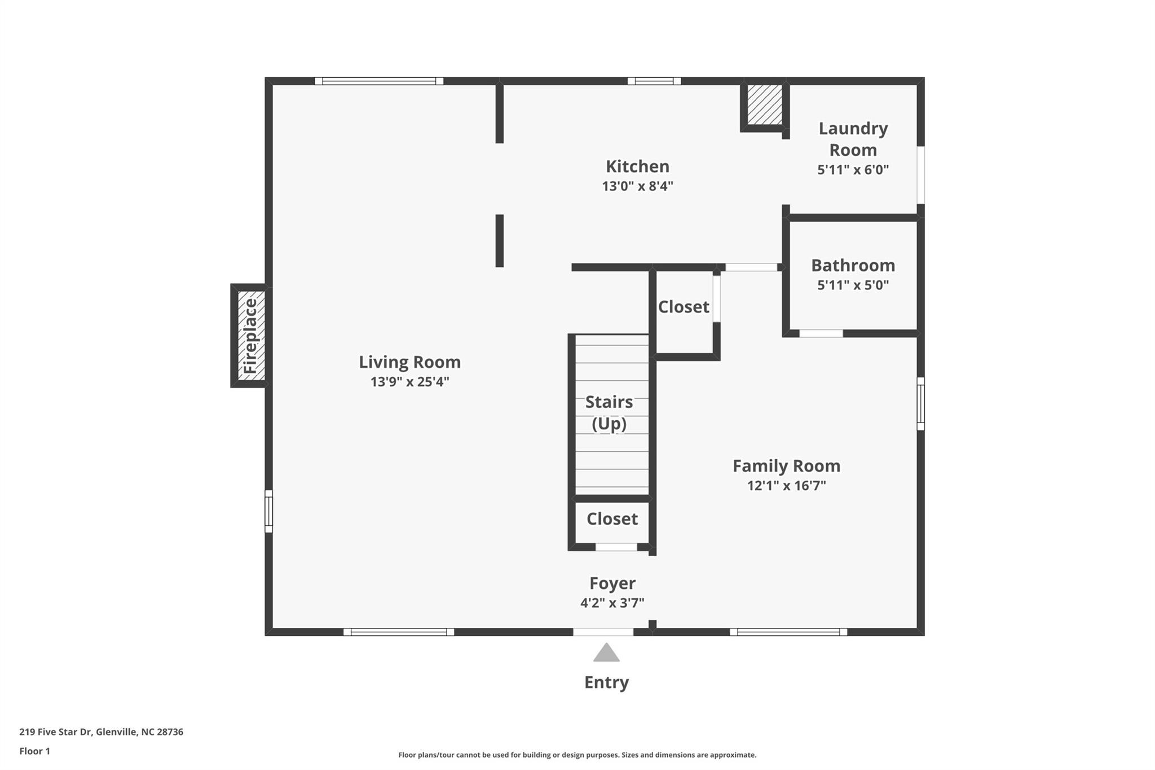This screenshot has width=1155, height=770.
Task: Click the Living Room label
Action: pyautogui.click(x=409, y=362)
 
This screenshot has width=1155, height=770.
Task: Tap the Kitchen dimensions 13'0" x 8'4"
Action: pyautogui.click(x=637, y=186)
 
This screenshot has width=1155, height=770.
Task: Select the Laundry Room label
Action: pyautogui.click(x=853, y=139)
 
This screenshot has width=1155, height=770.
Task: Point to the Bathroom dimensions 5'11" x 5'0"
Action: pyautogui.click(x=853, y=285)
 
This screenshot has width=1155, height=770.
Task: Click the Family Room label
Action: pyautogui.click(x=786, y=466)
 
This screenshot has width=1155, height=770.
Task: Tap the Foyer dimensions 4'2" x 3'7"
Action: pyautogui.click(x=612, y=603)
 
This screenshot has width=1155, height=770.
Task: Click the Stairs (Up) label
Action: pyautogui.click(x=609, y=412)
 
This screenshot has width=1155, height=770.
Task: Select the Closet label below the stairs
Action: pyautogui.click(x=612, y=519)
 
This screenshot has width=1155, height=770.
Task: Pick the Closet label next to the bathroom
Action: pyautogui.click(x=684, y=307)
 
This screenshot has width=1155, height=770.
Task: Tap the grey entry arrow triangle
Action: pyautogui.click(x=606, y=653)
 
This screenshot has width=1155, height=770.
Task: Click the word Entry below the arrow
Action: pyautogui.click(x=606, y=683)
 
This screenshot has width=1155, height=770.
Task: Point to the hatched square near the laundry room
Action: pyautogui.click(x=764, y=104)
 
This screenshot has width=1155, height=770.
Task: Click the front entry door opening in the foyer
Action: pyautogui.click(x=603, y=632)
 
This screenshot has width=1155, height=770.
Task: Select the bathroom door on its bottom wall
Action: pyautogui.click(x=821, y=333)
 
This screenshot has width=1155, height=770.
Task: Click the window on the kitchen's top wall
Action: pyautogui.click(x=654, y=81)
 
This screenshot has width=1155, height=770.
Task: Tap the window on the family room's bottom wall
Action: pyautogui.click(x=788, y=632)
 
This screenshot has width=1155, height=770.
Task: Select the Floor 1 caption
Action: pyautogui.click(x=34, y=751)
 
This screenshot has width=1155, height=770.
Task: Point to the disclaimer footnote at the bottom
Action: pyautogui.click(x=577, y=755)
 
